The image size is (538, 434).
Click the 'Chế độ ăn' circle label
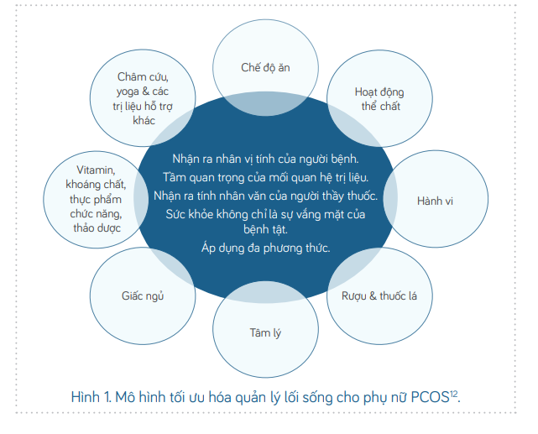point(265,68)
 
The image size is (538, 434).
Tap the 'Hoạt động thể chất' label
point(379,99)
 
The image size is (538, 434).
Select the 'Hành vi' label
point(435,201)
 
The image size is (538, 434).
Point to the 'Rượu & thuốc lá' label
point(379,296)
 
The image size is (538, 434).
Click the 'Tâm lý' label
point(265,333)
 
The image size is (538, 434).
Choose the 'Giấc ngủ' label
point(143,295)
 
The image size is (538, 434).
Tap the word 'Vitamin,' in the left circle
point(96,170)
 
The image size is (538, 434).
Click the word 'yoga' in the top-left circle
point(128,92)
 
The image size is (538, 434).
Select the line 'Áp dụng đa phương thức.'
point(265,248)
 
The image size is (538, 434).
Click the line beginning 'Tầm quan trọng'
point(265,177)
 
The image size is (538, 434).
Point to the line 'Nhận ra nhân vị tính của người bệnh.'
point(265,159)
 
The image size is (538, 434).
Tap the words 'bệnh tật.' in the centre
point(265,229)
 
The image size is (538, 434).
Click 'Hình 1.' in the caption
point(91,397)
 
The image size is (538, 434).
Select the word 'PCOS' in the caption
point(430,397)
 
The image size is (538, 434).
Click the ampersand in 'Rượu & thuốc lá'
point(373,295)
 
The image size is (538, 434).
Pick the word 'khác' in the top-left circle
point(144,120)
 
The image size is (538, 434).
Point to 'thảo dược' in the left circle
point(97,228)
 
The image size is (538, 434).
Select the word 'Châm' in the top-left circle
point(129,77)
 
